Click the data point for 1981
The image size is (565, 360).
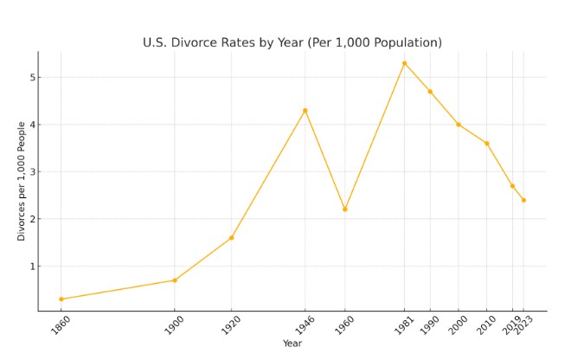(404, 63)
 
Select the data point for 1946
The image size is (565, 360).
(305, 111)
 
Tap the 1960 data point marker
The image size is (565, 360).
(344, 209)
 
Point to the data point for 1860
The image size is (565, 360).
(61, 299)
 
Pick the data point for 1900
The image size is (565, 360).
(174, 280)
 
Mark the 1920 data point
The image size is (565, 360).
(231, 238)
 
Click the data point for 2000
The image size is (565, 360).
(459, 125)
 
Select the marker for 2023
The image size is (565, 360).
(523, 200)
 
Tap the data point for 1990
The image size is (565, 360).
(430, 92)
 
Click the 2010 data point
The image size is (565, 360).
(486, 144)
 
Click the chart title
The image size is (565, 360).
(292, 42)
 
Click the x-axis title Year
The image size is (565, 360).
(292, 344)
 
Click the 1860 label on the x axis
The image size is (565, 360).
(57, 326)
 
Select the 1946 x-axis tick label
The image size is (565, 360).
(301, 326)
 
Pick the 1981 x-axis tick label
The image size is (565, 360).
(401, 326)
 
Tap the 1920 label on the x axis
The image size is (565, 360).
(228, 326)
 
